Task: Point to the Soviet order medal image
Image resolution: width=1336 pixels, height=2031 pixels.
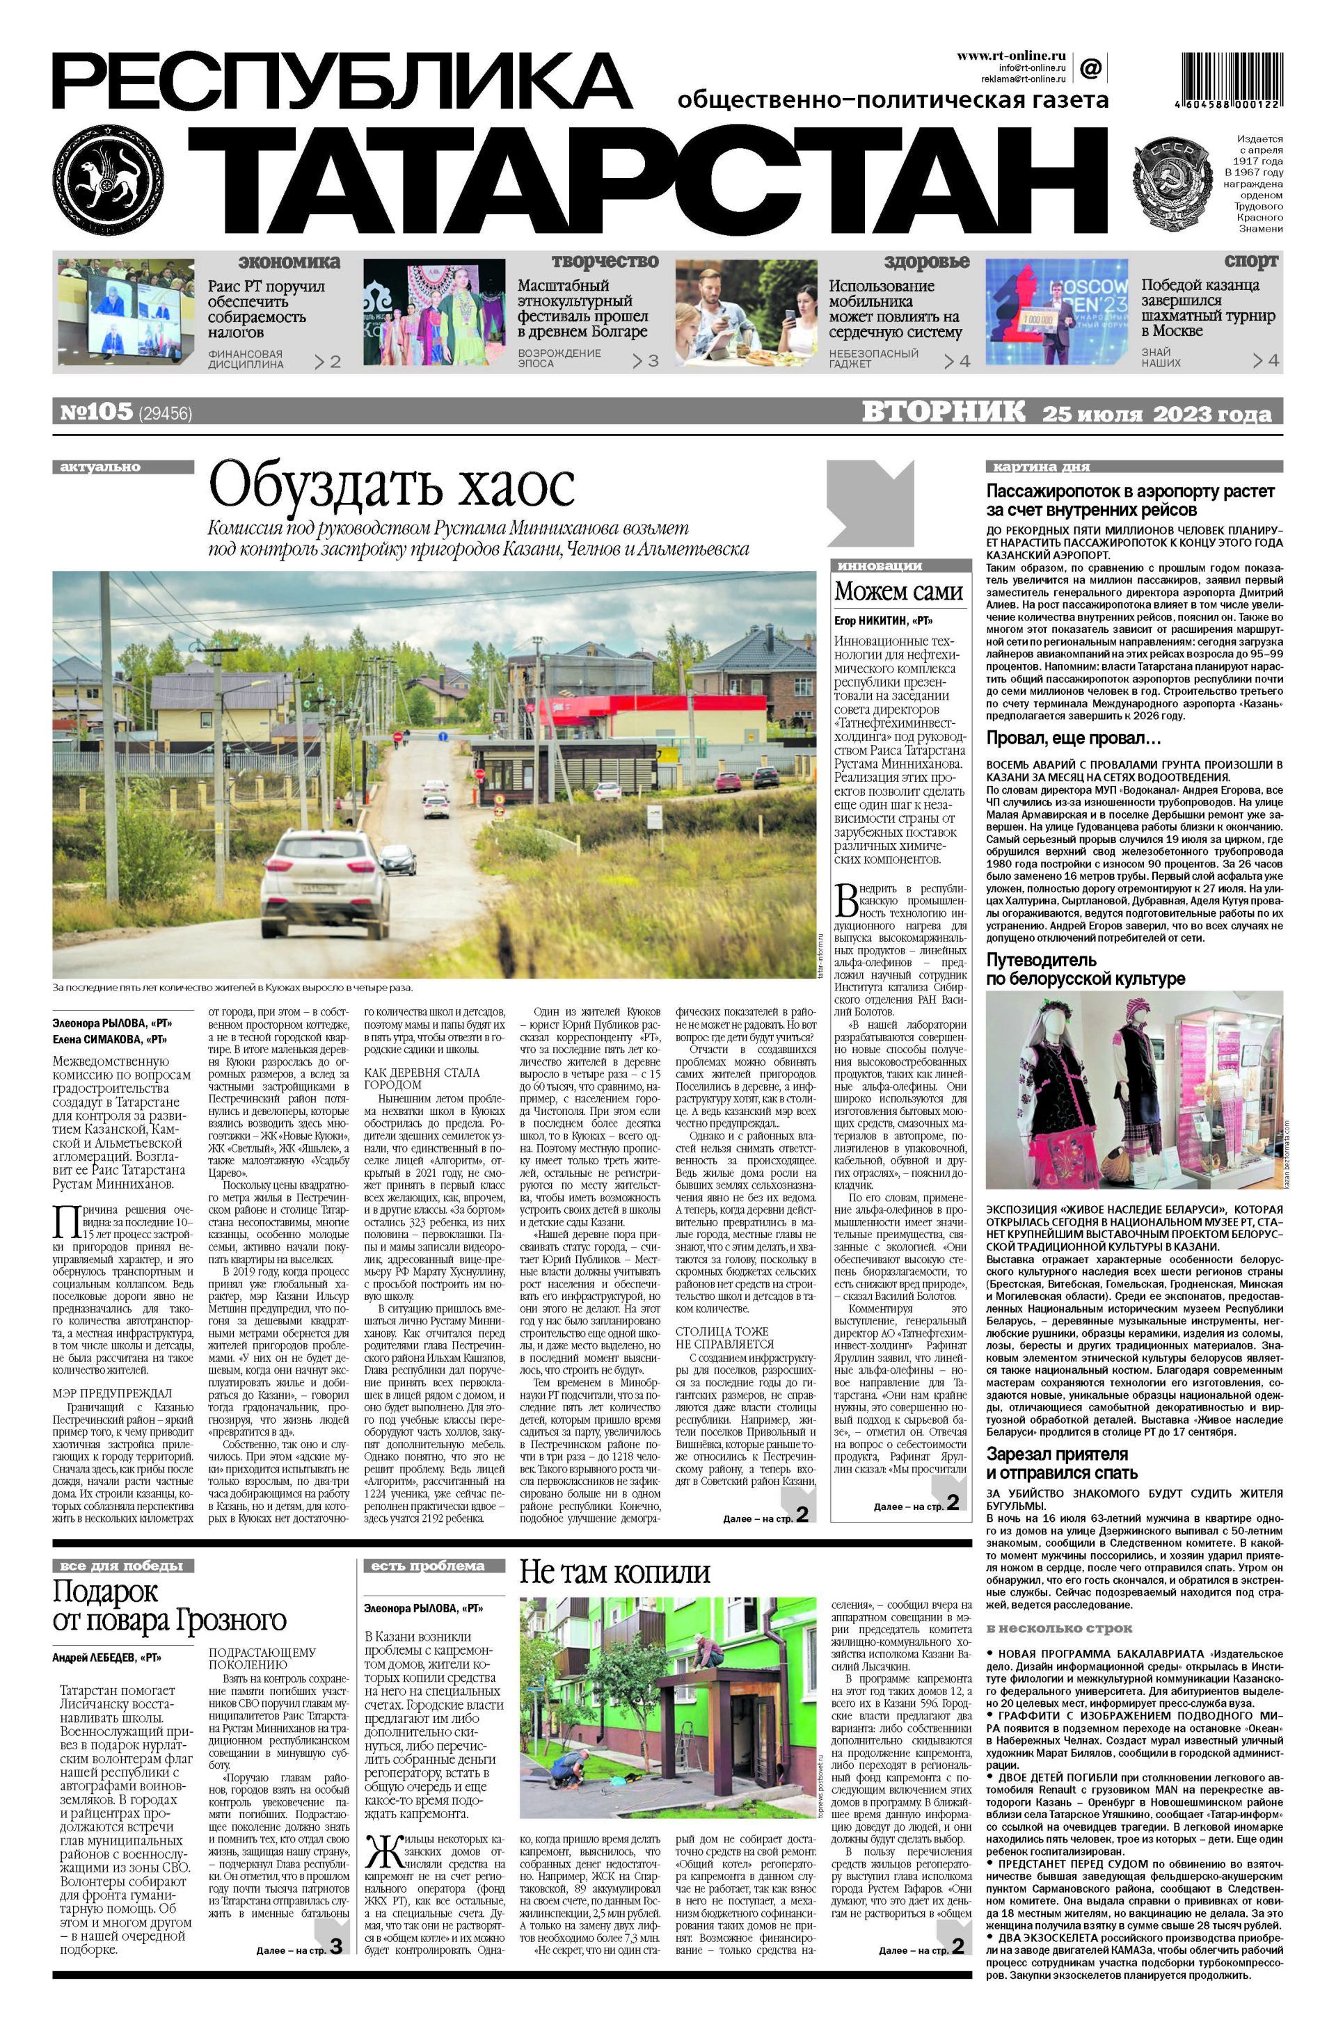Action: [1173, 185]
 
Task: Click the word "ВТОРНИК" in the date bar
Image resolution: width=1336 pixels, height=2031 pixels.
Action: [944, 412]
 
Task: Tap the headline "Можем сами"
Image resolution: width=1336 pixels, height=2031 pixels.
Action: [898, 591]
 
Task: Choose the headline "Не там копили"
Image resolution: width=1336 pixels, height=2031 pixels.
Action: [614, 1572]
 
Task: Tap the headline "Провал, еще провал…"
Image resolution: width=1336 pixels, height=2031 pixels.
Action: [1074, 738]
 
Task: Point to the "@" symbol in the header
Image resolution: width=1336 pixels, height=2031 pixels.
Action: [1090, 67]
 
